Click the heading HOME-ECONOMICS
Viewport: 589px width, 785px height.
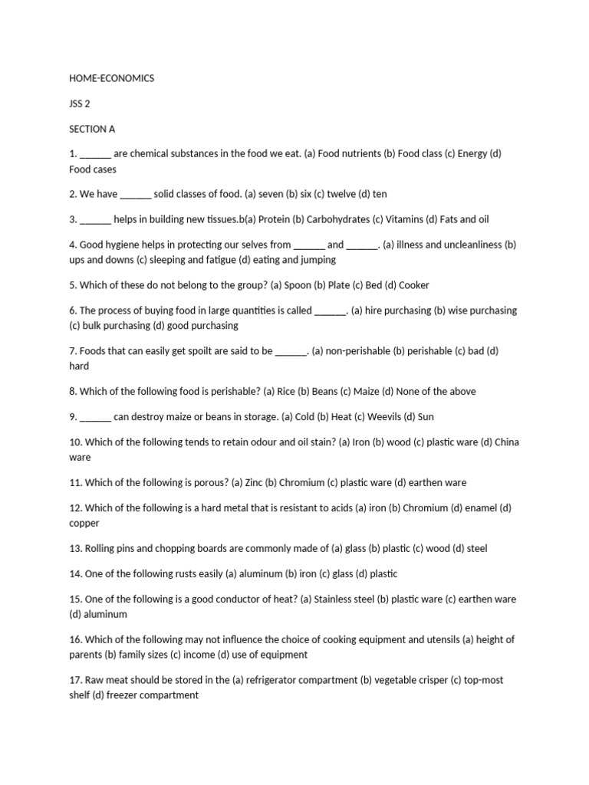click(111, 78)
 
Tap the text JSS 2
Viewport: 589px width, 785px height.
click(80, 103)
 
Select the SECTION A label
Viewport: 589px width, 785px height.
click(92, 129)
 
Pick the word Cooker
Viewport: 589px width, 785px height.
click(414, 285)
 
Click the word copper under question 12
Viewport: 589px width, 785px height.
click(84, 524)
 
